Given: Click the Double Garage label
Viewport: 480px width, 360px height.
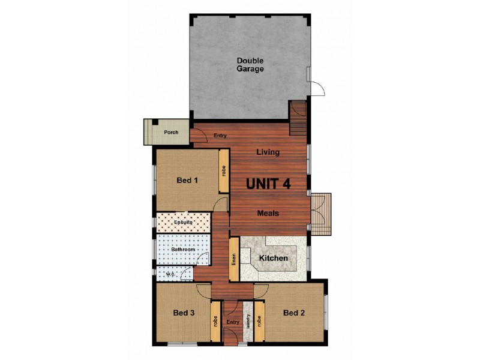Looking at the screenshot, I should [250, 64].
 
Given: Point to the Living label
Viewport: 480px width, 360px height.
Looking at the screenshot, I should [268, 152].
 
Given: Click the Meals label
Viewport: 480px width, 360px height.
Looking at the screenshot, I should [268, 213].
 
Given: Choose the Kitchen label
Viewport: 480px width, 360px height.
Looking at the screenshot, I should [273, 258].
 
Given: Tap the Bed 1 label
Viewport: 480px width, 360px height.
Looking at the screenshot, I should [187, 179].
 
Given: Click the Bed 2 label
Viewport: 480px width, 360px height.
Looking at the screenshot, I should [295, 313].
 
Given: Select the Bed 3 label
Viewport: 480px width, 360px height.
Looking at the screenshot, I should [184, 313].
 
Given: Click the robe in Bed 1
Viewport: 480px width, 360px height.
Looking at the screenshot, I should [223, 171].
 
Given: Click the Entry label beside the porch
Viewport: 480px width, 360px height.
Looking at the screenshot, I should [220, 136].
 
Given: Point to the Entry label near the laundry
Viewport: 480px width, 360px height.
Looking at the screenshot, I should [233, 322].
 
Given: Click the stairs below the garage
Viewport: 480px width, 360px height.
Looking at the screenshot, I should [298, 119].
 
